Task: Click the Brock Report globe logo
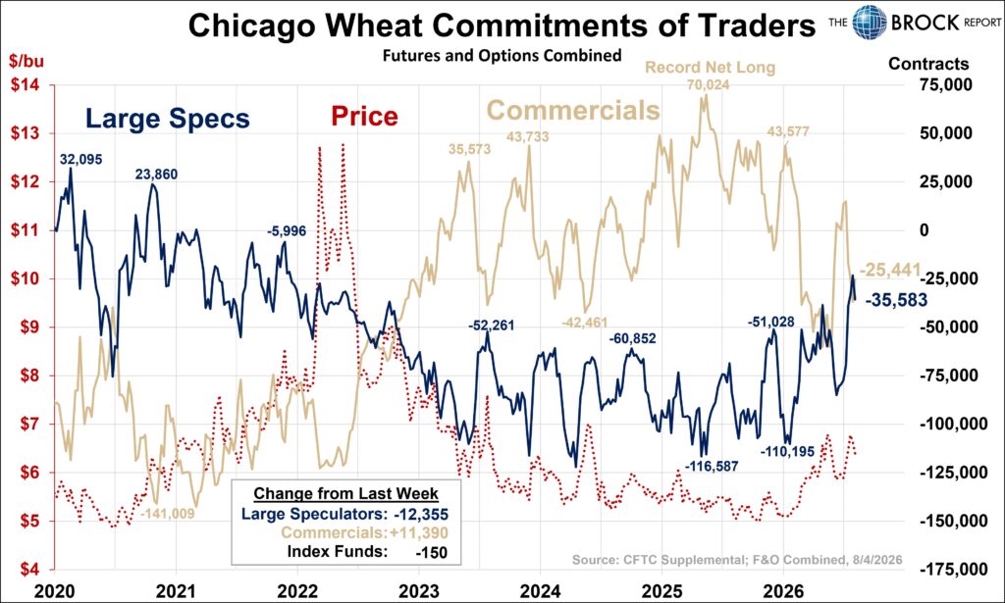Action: pyautogui.click(x=870, y=23)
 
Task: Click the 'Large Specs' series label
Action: pyautogui.click(x=167, y=119)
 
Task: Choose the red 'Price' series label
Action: pyautogui.click(x=365, y=116)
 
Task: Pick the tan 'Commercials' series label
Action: pyautogui.click(x=573, y=110)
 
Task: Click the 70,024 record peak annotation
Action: pyautogui.click(x=709, y=84)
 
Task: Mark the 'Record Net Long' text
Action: pyautogui.click(x=710, y=68)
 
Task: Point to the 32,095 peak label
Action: pyautogui.click(x=81, y=160)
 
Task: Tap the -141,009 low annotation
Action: pyautogui.click(x=167, y=514)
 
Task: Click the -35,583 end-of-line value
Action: pyautogui.click(x=897, y=300)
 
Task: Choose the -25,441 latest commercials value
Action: pyautogui.click(x=889, y=271)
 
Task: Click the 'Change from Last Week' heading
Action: pyautogui.click(x=346, y=493)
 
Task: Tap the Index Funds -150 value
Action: pyautogui.click(x=432, y=552)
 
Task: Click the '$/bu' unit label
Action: pyautogui.click(x=26, y=61)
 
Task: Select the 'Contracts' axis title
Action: pyautogui.click(x=928, y=64)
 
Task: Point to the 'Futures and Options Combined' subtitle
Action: pyautogui.click(x=502, y=56)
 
